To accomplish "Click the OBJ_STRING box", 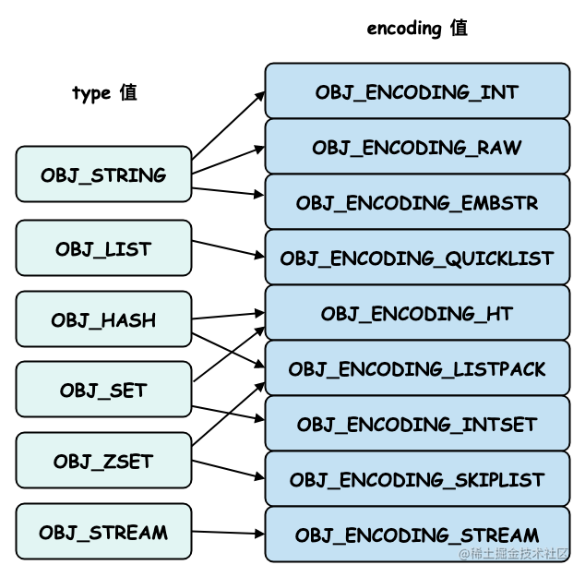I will pos(103,174).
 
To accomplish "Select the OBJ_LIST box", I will pos(103,248).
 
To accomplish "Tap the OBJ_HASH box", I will pos(103,319).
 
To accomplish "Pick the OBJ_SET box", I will pos(103,390).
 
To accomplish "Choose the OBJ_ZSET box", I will pos(103,461).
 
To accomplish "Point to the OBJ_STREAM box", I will pos(103,532).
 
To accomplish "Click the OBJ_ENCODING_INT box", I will pos(417,91).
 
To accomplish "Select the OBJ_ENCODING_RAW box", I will pos(417,147).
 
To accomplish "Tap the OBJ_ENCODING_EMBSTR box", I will pos(417,202).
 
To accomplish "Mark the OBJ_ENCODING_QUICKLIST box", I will pos(417,258).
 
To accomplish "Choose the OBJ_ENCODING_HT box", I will pos(417,313).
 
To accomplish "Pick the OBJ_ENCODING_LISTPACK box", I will pos(417,368).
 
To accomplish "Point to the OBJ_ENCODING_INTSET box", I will pos(417,424).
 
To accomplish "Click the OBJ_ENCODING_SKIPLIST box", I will pos(417,479).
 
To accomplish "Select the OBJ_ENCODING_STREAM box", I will pos(417,535).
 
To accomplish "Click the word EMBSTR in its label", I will pos(502,202).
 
